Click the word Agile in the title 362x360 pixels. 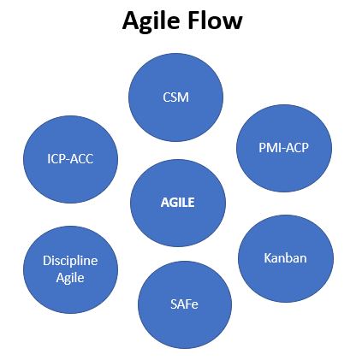tap(151, 22)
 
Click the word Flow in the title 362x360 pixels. tap(216, 21)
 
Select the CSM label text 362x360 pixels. tap(175, 97)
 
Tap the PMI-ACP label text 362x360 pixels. tap(283, 148)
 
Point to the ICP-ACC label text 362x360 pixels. tap(70, 159)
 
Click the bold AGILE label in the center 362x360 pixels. tap(177, 203)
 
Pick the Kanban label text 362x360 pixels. tap(285, 258)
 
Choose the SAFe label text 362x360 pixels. tap(184, 304)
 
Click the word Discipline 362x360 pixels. tap(70, 261)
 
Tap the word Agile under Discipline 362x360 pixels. tap(70, 278)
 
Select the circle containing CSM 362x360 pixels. tap(175, 97)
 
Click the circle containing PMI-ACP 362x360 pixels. tap(284, 148)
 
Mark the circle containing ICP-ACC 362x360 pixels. tap(70, 159)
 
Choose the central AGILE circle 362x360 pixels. tap(178, 203)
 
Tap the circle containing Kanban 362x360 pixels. tap(286, 258)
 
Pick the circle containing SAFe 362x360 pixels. tap(185, 304)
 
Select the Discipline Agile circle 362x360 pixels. tap(70, 269)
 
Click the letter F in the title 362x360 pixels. tap(194, 21)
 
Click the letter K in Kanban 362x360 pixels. tap(267, 258)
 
